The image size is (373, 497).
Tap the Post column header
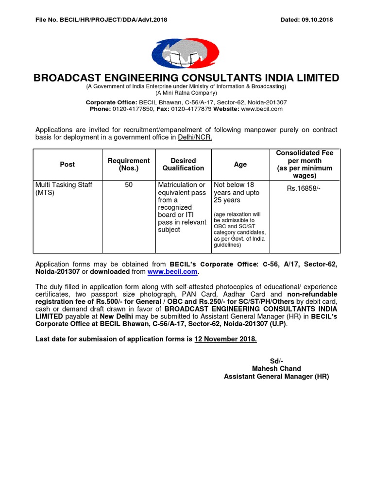click(x=67, y=165)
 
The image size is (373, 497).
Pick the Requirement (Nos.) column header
click(x=129, y=165)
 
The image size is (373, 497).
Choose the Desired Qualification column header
click(x=183, y=165)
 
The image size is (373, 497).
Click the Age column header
click(x=240, y=165)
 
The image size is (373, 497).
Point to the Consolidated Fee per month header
click(x=305, y=164)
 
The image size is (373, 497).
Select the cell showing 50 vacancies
click(x=129, y=185)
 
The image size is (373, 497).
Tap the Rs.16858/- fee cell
click(x=305, y=188)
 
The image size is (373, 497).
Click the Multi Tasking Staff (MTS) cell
click(x=64, y=189)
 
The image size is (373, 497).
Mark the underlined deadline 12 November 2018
click(x=225, y=339)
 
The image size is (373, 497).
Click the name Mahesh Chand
click(x=276, y=368)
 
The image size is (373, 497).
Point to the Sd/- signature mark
click(x=276, y=361)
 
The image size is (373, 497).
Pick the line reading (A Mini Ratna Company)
click(x=186, y=93)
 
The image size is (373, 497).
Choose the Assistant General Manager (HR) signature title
click(x=276, y=376)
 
